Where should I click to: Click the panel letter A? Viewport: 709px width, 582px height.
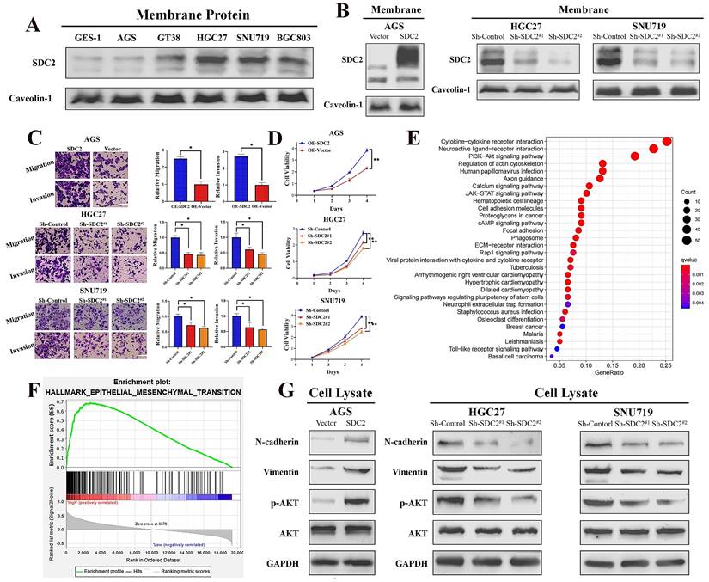click(34, 25)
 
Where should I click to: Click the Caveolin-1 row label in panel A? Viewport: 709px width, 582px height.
click(32, 97)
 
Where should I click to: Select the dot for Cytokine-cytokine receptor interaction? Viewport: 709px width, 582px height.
click(667, 141)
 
